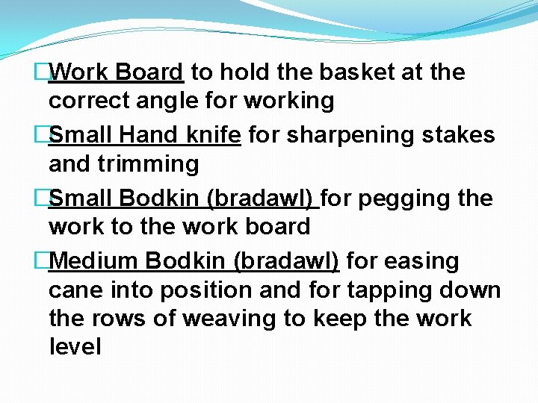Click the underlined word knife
click(x=213, y=135)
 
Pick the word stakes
click(x=458, y=135)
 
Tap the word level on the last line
click(x=75, y=346)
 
